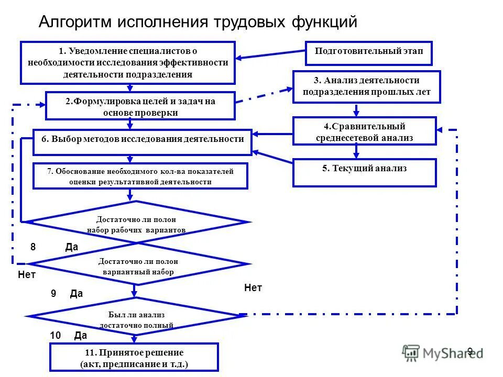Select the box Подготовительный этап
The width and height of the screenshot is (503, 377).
tap(369, 53)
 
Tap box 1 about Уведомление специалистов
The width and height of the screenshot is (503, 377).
tap(128, 62)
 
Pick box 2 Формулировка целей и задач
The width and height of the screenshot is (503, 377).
tap(140, 106)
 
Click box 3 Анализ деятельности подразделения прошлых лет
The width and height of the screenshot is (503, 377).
tap(366, 86)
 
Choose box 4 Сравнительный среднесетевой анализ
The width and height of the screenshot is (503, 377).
tap(364, 131)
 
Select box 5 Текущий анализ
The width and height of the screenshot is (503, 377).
tap(364, 173)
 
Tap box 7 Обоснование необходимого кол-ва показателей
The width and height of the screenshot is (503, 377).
tap(140, 176)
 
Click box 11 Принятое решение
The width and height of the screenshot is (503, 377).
tap(134, 358)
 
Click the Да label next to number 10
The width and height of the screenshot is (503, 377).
tap(81, 336)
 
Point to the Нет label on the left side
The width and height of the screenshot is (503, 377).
tap(27, 274)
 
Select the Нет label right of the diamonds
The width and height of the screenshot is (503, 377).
tap(253, 287)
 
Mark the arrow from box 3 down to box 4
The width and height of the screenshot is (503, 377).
tap(357, 110)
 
